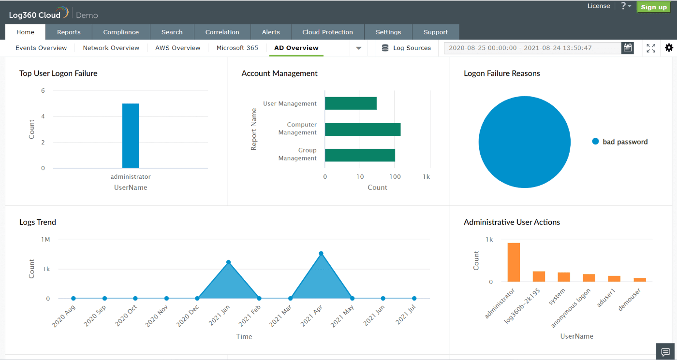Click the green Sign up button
click(x=653, y=7)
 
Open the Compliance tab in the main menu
click(x=121, y=32)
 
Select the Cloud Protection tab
click(x=327, y=32)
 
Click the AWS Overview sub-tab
click(x=177, y=48)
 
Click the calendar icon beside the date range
click(x=628, y=48)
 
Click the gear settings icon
click(x=669, y=48)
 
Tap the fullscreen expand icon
click(x=651, y=48)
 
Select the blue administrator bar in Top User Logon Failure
click(x=130, y=135)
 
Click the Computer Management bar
click(x=362, y=129)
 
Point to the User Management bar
click(x=350, y=103)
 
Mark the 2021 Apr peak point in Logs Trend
click(x=321, y=253)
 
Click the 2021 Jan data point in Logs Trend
click(x=228, y=262)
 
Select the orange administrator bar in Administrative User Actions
click(x=514, y=262)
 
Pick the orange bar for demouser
click(x=640, y=279)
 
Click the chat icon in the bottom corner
click(x=665, y=351)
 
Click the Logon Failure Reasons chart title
click(x=501, y=73)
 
